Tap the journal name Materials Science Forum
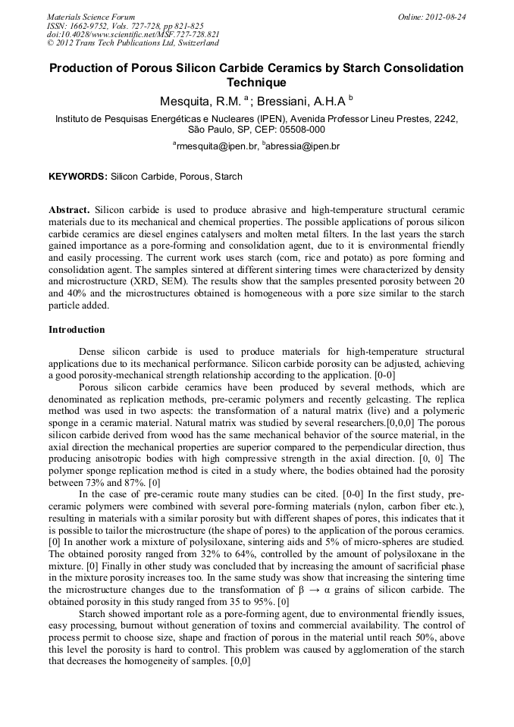click(x=91, y=17)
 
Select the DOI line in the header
click(x=133, y=34)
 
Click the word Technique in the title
click(x=256, y=83)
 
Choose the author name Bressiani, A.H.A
click(x=300, y=102)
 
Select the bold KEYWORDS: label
click(x=78, y=177)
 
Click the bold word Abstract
click(x=69, y=209)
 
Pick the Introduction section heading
click(x=77, y=330)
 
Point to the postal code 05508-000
click(x=298, y=130)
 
